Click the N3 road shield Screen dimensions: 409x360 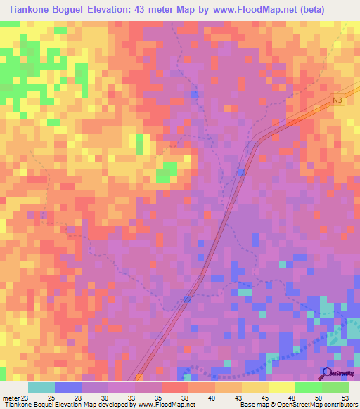pos(339,101)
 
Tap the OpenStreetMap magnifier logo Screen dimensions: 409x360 pos(327,372)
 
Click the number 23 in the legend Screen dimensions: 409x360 pos(27,397)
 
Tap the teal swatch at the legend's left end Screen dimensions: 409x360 pos(41,387)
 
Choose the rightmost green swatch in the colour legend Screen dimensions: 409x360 pos(335,387)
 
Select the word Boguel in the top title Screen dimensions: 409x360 pos(83,10)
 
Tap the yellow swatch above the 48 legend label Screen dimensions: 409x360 pos(281,387)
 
